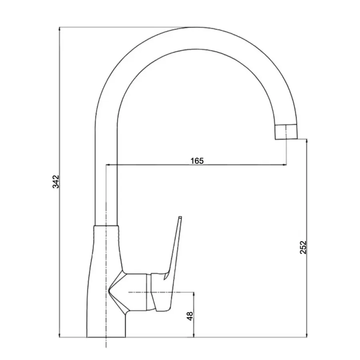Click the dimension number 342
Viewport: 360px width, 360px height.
coord(56,182)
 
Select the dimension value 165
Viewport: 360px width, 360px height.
coord(197,161)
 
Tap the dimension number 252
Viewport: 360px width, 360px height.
coord(303,247)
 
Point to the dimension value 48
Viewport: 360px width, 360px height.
coord(190,316)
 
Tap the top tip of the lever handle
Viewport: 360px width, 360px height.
coord(180,217)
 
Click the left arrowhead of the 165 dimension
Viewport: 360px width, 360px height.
coord(108,165)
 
